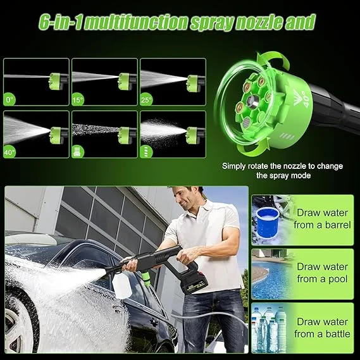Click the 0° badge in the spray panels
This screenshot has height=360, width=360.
coord(9,100)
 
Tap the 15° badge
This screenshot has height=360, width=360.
coord(78,100)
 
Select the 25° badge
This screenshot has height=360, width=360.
coord(146,100)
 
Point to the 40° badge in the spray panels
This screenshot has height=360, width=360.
coord(9,152)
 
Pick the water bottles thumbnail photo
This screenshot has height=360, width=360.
coord(271,328)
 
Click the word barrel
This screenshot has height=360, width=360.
coord(337,225)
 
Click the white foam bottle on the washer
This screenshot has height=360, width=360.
coord(121,285)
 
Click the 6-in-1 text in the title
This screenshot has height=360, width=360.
coord(59,23)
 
